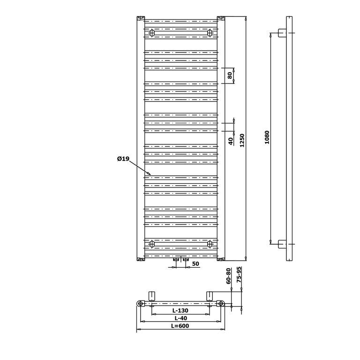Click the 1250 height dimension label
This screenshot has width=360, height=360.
click(242, 140)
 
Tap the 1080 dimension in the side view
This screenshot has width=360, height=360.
click(267, 137)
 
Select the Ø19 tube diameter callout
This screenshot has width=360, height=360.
click(123, 158)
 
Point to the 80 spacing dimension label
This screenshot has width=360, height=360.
click(230, 75)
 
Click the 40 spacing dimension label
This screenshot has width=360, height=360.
click(231, 141)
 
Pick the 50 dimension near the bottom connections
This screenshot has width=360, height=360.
click(195, 264)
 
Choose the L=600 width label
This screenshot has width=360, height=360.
click(180, 326)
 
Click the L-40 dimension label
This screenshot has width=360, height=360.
click(180, 318)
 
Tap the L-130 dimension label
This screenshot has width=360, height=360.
click(180, 310)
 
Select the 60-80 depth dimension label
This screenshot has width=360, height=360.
click(228, 276)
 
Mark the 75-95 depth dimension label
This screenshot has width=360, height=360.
click(239, 274)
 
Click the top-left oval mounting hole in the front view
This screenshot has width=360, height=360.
click(152, 33)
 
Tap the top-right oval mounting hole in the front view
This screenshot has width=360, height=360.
click(210, 33)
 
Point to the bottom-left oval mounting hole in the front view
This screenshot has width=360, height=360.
click(152, 244)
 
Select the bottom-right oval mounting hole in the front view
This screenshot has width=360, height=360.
click(210, 244)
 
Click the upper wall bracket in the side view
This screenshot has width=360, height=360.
click(282, 33)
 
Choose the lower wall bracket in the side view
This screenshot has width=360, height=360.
click(282, 244)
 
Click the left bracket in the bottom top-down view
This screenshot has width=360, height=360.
click(152, 296)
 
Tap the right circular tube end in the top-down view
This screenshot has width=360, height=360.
click(221, 304)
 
